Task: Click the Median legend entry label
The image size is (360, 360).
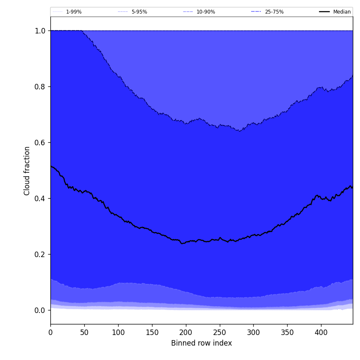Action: click(342, 12)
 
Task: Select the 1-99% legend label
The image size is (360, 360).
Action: click(74, 12)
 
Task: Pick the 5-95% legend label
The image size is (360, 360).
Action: click(139, 12)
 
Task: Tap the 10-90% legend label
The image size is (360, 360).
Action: click(205, 12)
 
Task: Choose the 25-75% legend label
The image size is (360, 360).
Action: click(274, 12)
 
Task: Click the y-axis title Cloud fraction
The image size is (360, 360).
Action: click(27, 171)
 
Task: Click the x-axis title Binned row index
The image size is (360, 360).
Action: click(202, 343)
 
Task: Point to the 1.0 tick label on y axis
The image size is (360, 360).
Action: click(40, 31)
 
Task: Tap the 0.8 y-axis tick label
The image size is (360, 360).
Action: click(40, 87)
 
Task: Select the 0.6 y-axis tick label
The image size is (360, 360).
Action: click(40, 143)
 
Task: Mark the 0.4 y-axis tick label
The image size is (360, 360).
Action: click(40, 199)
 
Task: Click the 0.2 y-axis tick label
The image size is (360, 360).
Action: click(40, 255)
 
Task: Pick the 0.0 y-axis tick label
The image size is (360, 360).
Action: click(40, 310)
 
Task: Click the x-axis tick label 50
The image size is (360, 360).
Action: click(84, 332)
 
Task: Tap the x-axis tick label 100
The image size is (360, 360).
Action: click(118, 332)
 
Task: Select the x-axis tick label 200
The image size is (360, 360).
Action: click(186, 332)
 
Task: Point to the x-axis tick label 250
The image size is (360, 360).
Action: click(219, 332)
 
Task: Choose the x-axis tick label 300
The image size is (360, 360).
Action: click(253, 332)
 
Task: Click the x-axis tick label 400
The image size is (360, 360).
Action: click(321, 332)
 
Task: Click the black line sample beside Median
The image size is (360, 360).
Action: click(325, 12)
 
